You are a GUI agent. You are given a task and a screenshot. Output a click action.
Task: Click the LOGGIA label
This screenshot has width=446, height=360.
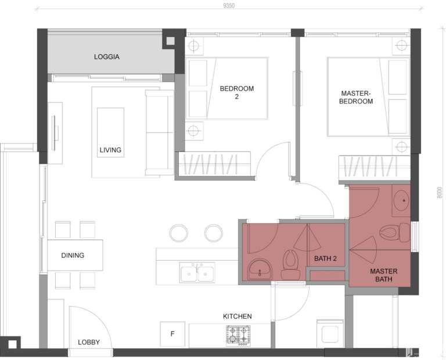[x=107, y=57]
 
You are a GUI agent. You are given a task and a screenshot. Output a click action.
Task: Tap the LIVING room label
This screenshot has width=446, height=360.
[x=110, y=150]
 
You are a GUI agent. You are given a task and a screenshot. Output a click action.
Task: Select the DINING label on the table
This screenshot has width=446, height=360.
[x=73, y=255]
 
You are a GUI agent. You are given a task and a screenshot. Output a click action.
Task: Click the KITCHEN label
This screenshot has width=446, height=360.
[x=238, y=316]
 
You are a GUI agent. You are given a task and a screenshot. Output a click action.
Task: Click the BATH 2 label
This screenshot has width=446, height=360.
[x=326, y=258]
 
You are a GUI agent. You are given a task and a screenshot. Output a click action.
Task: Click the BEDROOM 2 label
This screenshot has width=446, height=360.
[x=237, y=93]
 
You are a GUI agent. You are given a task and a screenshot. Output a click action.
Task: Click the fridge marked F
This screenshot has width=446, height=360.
[x=172, y=334]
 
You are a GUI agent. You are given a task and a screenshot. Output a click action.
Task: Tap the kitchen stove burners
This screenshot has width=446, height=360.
[x=239, y=334]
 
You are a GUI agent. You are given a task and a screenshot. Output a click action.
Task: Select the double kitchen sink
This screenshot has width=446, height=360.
[x=197, y=272]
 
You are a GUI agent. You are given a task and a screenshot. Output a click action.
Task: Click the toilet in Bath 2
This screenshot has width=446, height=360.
[x=290, y=265]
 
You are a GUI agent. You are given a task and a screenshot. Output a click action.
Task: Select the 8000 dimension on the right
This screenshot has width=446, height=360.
[x=440, y=192]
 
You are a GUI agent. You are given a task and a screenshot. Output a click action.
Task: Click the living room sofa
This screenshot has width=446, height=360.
[x=159, y=132]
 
